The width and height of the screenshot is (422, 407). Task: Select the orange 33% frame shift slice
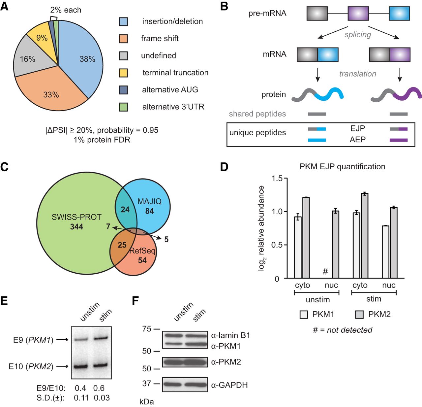pyautogui.click(x=51, y=92)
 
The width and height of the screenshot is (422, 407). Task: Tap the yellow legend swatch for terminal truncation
pyautogui.click(x=123, y=73)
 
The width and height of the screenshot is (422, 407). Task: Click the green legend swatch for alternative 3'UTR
pyautogui.click(x=123, y=107)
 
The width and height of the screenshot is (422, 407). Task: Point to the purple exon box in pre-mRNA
pyautogui.click(x=358, y=14)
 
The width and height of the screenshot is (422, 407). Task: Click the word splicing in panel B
pyautogui.click(x=358, y=35)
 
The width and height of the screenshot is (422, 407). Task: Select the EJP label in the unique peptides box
pyautogui.click(x=358, y=128)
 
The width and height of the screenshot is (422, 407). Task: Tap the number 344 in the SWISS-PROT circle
pyautogui.click(x=76, y=227)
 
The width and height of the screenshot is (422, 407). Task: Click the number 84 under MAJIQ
pyautogui.click(x=149, y=211)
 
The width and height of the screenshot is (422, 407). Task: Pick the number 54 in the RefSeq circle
pyautogui.click(x=142, y=260)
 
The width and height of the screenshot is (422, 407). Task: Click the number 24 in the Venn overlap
pyautogui.click(x=125, y=210)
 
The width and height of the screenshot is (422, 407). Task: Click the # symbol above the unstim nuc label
pyautogui.click(x=325, y=271)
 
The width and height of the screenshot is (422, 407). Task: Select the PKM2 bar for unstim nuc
pyautogui.click(x=335, y=244)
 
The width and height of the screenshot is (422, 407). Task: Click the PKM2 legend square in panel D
pyautogui.click(x=359, y=315)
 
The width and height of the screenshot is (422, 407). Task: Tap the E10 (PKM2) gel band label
pyautogui.click(x=31, y=366)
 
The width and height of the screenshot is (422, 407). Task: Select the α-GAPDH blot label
pyautogui.click(x=229, y=385)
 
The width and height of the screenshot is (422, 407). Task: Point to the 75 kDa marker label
pyautogui.click(x=147, y=329)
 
